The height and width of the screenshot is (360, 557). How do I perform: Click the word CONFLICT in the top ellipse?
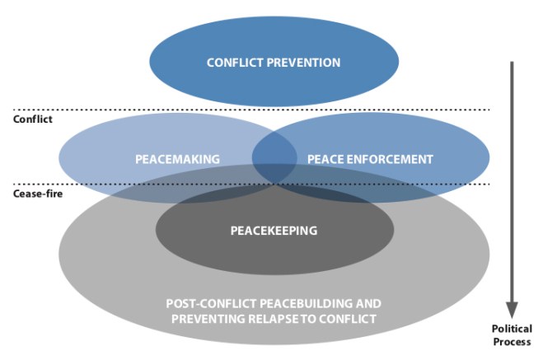pyautogui.click(x=232, y=63)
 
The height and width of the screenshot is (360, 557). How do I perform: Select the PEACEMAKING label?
pyautogui.click(x=177, y=158)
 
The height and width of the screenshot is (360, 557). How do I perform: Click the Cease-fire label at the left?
pyautogui.click(x=36, y=195)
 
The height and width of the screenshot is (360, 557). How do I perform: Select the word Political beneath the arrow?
pyautogui.click(x=512, y=329)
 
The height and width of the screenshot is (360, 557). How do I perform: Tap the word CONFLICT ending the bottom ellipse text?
pyautogui.click(x=352, y=319)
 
